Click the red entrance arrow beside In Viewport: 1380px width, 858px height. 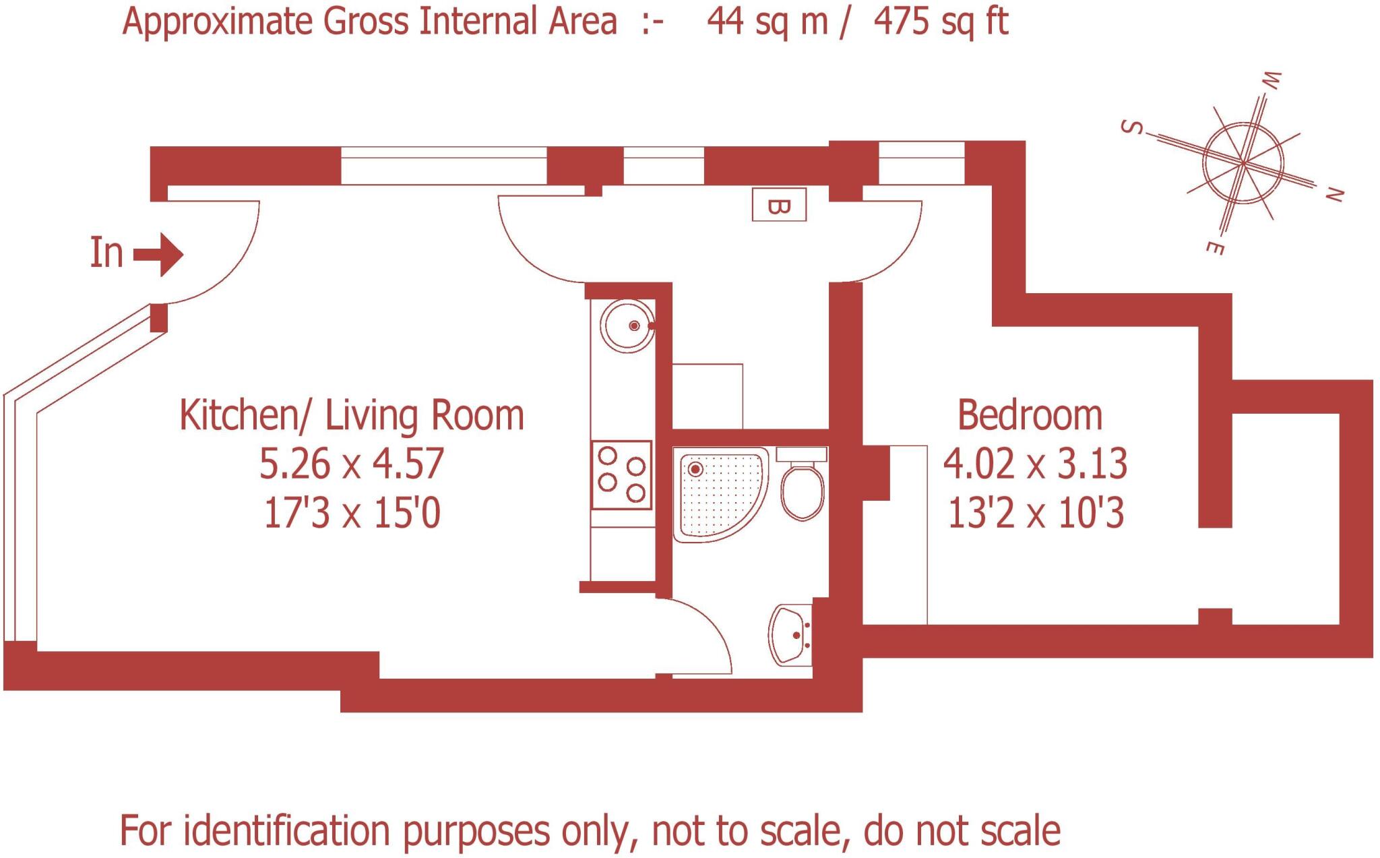coord(159,255)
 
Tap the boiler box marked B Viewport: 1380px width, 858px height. coord(779,205)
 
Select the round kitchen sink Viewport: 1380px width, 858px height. coord(629,326)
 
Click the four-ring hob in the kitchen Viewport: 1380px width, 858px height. coord(621,474)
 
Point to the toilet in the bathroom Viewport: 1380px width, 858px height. coord(802,483)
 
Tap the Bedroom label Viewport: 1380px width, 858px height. coord(1030,415)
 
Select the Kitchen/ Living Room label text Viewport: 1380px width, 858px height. coord(352,415)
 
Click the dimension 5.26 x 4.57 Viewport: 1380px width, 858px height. coord(352,464)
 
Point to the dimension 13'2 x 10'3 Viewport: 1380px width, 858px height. coord(1036,513)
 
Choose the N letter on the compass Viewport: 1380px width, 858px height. coord(1335,195)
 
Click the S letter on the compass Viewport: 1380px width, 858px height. coord(1132,127)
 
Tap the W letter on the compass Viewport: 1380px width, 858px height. coord(1271,80)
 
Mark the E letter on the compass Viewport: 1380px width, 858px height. coord(1214,248)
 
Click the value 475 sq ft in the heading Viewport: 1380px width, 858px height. coord(941,22)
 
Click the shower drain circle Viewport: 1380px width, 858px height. coord(695,469)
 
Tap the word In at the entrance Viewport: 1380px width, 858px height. coord(106,253)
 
